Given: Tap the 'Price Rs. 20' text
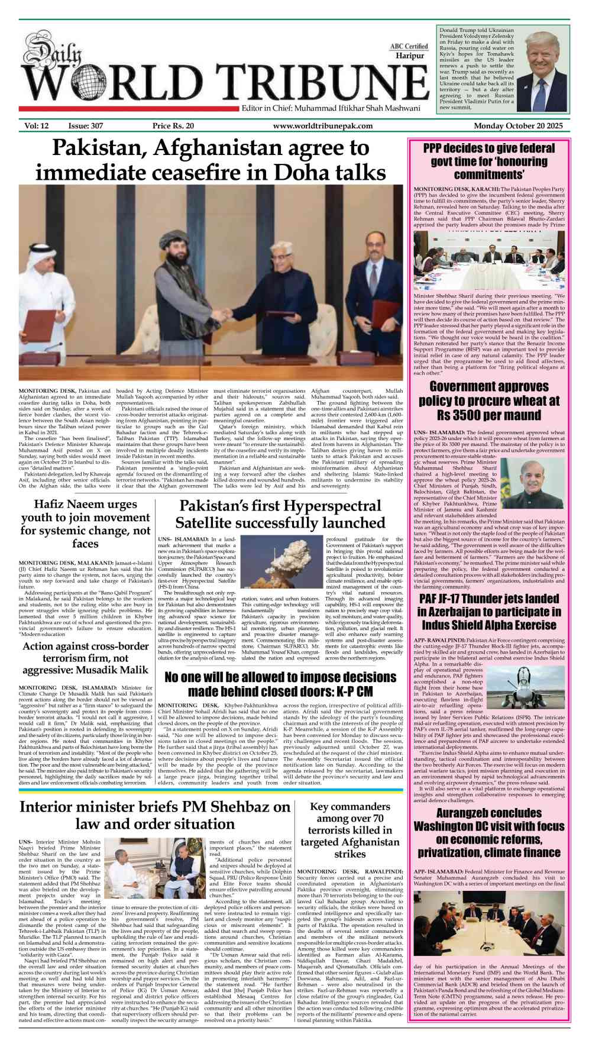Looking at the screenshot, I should point(173,126).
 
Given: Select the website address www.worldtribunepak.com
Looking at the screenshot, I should point(322,126).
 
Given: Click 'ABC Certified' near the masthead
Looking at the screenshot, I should point(409,46).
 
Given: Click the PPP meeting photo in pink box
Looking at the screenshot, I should point(488,260).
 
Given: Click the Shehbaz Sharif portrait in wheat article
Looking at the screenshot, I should point(533,483).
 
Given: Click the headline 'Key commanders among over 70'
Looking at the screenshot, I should point(349,830).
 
